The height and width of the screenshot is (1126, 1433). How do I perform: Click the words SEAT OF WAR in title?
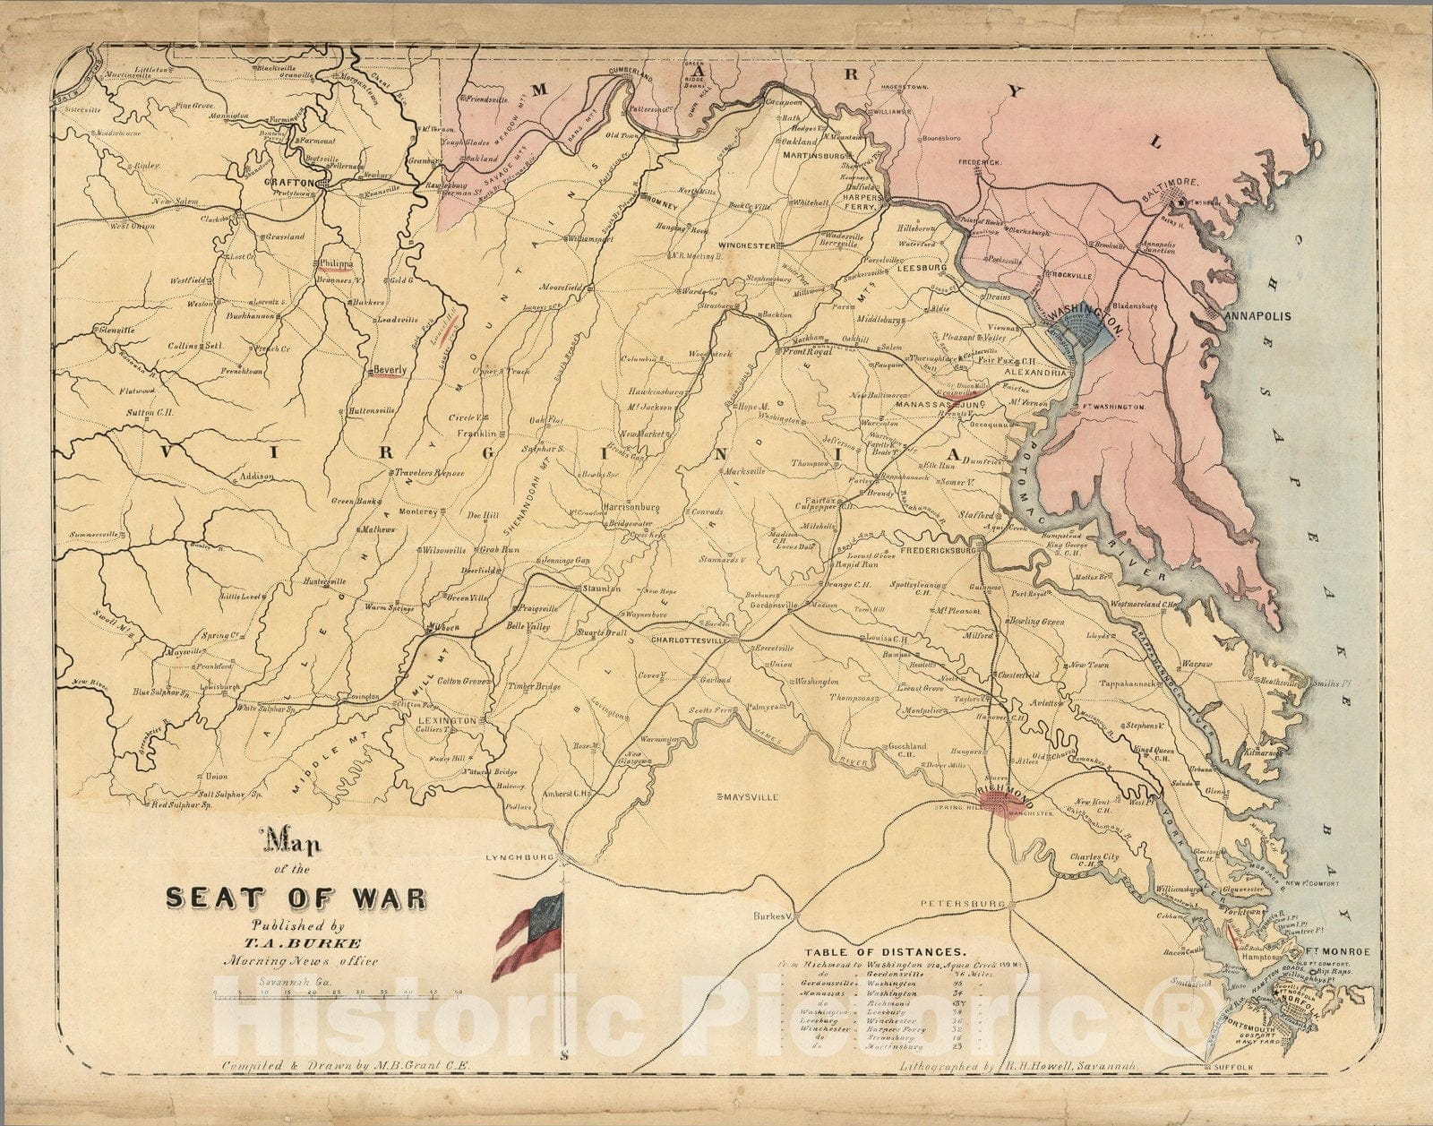pos(295,898)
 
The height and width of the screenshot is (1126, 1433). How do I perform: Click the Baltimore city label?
pos(1169,182)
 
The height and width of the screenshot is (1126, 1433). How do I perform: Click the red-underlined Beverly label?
pos(390,369)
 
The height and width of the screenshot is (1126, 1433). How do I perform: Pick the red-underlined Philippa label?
pos(335,264)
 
